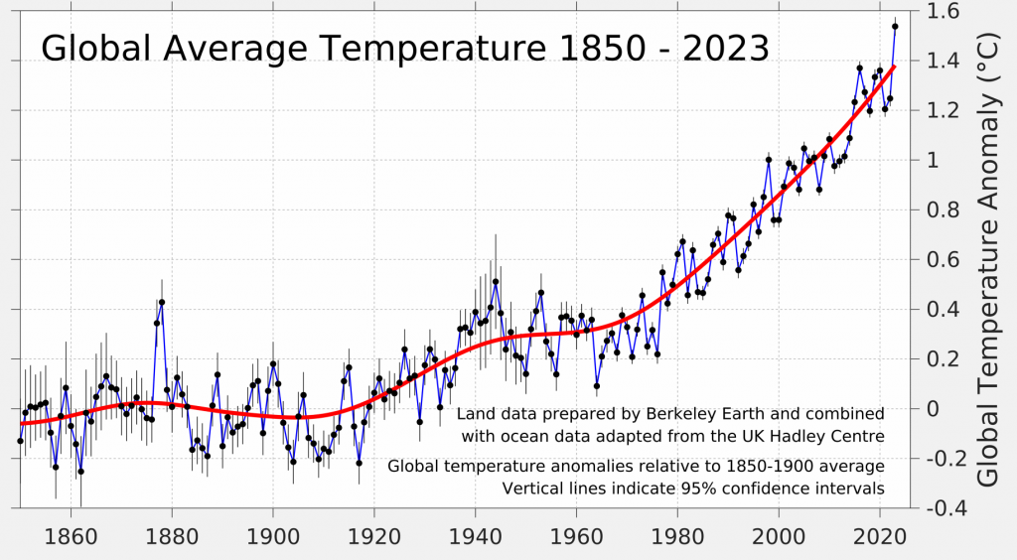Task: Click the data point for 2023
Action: [x=895, y=27]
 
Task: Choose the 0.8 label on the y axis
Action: [x=940, y=210]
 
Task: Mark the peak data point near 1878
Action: [x=162, y=302]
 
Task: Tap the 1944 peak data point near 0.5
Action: [x=496, y=282]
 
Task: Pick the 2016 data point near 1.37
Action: [x=860, y=68]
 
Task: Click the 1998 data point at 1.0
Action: [x=769, y=159]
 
